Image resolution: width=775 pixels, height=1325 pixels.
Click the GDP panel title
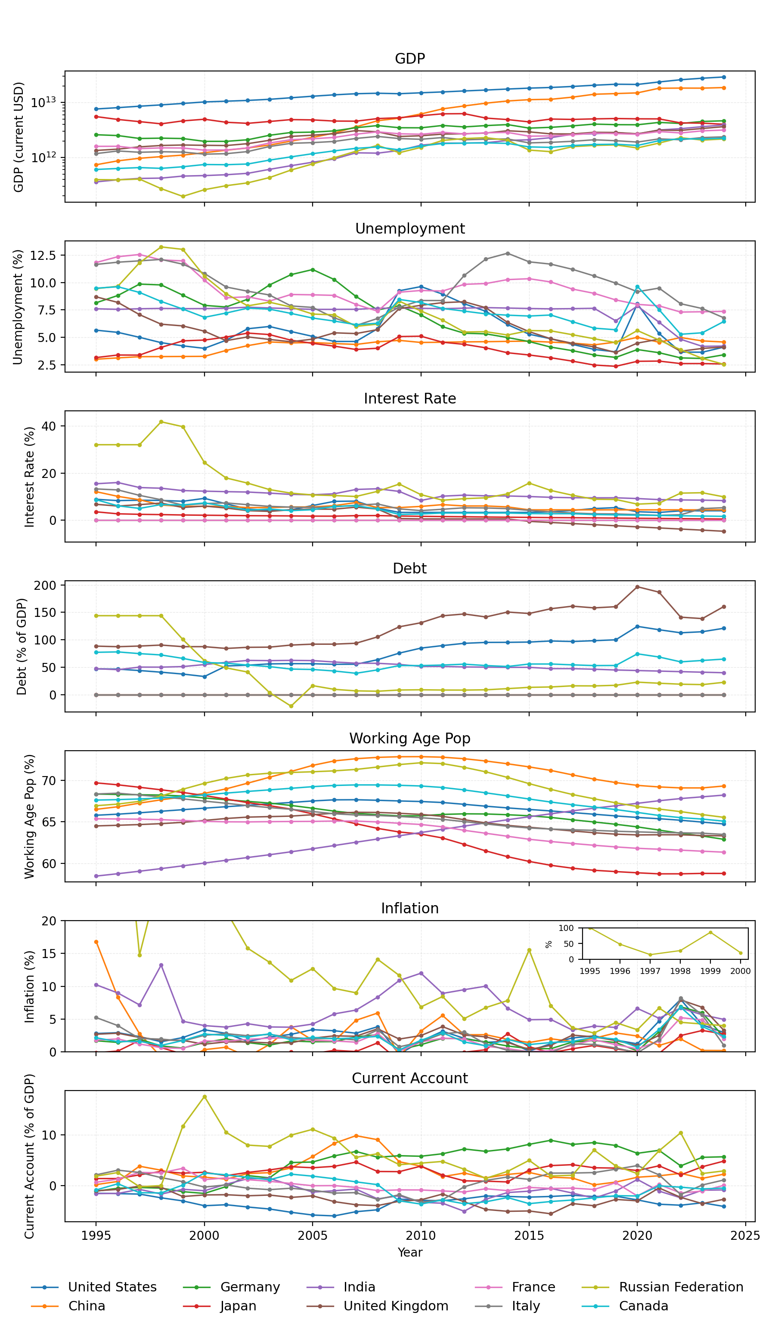(x=409, y=59)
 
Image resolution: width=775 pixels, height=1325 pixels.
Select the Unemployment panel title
(x=409, y=229)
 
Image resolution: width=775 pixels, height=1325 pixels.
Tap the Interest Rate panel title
(x=409, y=398)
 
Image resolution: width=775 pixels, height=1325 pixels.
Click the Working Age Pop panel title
(x=409, y=738)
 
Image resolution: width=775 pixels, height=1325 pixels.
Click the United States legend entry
(x=112, y=1287)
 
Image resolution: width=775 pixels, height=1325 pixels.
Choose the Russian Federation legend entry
(x=681, y=1287)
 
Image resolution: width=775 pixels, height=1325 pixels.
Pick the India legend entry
(x=360, y=1287)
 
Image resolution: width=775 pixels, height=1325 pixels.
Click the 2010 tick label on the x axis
(x=420, y=1235)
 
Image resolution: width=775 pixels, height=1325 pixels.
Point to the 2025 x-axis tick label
(x=745, y=1235)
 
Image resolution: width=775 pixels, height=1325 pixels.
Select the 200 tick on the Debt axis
(x=45, y=585)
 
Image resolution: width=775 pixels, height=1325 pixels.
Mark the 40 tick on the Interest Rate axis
(x=48, y=426)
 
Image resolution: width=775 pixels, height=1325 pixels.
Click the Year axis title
(x=409, y=1252)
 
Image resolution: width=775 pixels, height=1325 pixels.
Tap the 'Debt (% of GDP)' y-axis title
(x=22, y=646)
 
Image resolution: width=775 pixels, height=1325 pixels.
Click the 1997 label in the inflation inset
(x=650, y=971)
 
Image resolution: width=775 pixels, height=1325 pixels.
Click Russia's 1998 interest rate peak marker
(x=161, y=422)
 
